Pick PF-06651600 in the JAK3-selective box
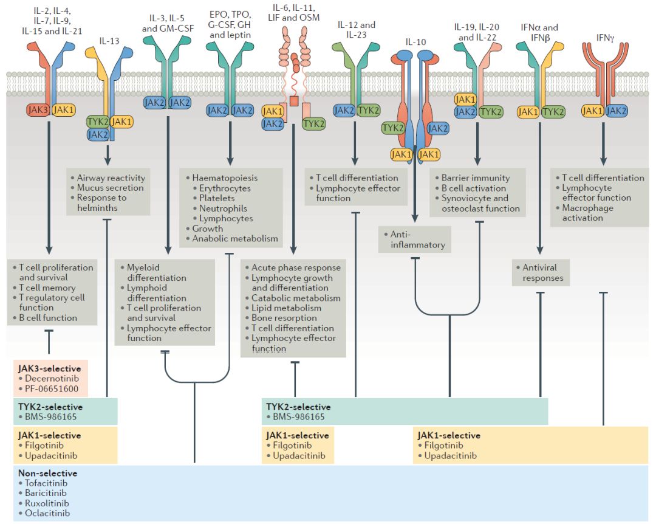click(48, 388)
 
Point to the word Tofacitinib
click(46, 483)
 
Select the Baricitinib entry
click(46, 493)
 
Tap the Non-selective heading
click(47, 472)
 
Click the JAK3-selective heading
click(50, 367)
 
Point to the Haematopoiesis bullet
click(224, 178)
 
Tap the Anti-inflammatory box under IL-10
click(415, 240)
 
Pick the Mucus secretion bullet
click(110, 188)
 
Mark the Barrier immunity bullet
click(475, 178)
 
